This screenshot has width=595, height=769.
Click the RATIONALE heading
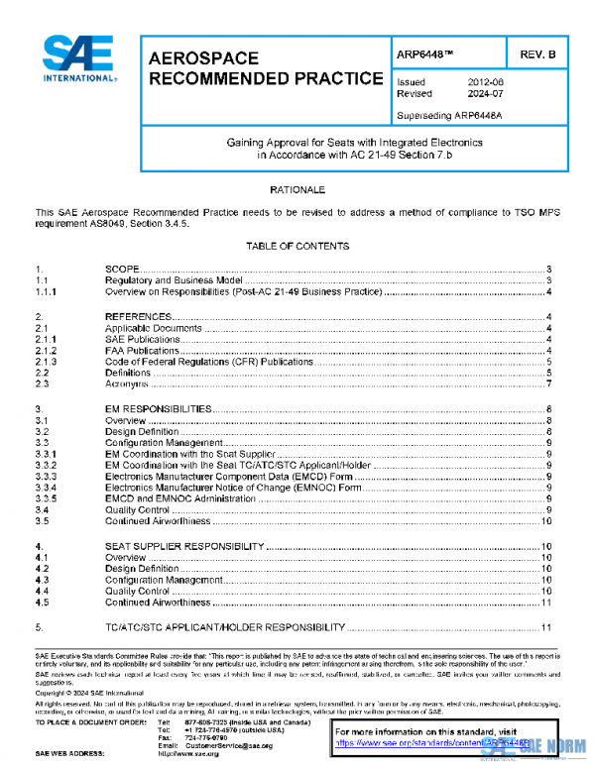coord(298,188)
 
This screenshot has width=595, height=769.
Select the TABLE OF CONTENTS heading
coord(298,247)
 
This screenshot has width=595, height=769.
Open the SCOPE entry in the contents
coord(124,270)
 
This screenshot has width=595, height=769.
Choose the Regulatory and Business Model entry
coord(174,280)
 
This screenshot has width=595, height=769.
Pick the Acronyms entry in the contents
coord(128,384)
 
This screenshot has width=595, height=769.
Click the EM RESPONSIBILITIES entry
coord(158,408)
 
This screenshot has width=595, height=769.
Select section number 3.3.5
coord(47,499)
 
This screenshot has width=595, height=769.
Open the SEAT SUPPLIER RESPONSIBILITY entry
coord(184,546)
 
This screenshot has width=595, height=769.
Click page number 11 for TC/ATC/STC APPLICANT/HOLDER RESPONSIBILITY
coord(545,627)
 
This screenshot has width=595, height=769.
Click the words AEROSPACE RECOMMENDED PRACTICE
coord(265,68)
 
